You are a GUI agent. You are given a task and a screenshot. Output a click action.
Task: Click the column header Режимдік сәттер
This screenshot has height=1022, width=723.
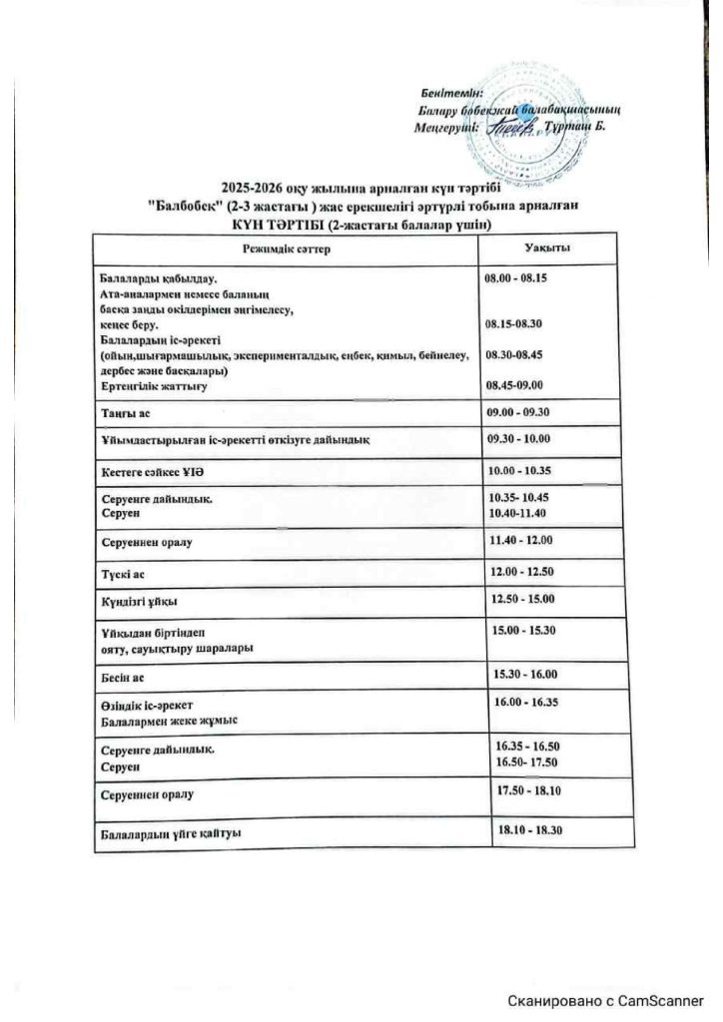(x=287, y=249)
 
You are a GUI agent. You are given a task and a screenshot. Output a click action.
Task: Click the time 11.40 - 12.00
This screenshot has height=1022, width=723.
(x=525, y=541)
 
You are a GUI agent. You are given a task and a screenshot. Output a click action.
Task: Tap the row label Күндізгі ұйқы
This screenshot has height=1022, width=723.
(x=132, y=601)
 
